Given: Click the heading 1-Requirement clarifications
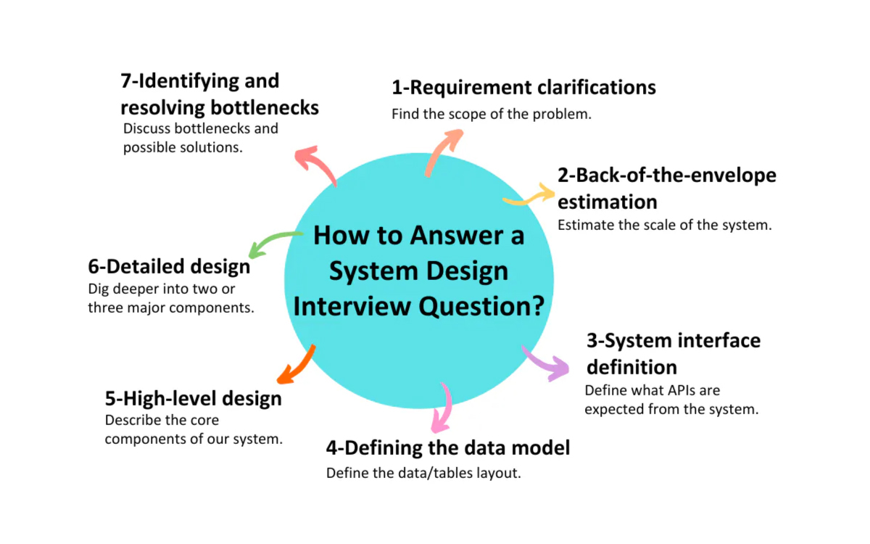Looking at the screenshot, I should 523,88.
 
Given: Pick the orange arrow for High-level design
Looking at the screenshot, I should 296,365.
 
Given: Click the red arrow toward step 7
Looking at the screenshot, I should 316,162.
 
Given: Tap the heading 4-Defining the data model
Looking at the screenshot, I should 447,448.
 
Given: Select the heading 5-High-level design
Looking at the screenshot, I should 193,398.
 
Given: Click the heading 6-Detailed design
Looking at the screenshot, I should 169,266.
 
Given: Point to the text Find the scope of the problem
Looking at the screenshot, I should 492,114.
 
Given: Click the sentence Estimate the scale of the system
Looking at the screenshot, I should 664,225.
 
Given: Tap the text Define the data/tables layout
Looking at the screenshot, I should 423,473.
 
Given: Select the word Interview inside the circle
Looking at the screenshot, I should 352,305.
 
